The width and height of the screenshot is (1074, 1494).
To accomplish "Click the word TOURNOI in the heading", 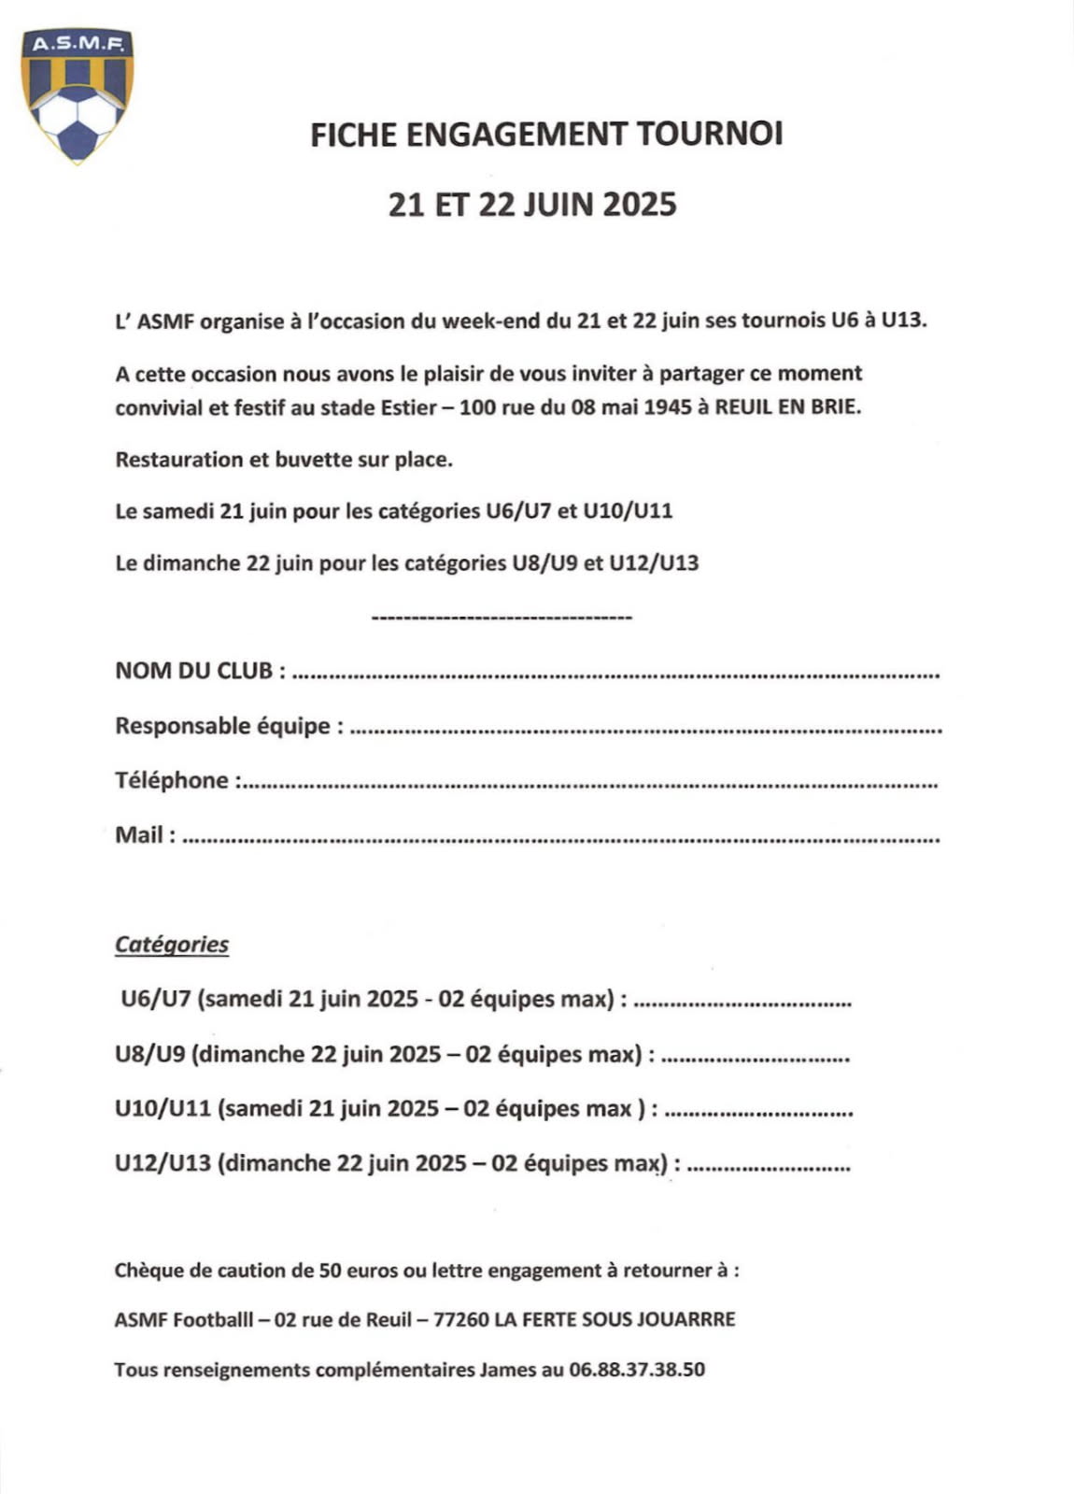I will coord(710,135).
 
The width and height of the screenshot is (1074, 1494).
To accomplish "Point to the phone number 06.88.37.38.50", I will coord(636,1370).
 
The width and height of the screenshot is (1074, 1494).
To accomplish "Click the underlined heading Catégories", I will coord(172,945).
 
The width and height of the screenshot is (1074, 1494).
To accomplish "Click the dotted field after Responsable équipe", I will coord(644,730).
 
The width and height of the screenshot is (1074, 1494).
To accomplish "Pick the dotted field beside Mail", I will coord(560,839).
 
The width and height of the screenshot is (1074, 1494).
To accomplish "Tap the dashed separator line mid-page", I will coord(502,618).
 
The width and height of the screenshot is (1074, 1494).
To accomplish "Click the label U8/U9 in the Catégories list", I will coord(150,1055).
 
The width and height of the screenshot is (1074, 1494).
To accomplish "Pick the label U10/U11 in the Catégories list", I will coord(163,1109).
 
